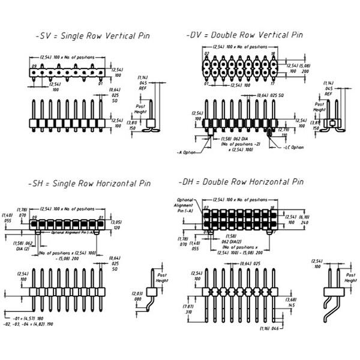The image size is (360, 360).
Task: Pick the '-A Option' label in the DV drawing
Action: coord(187,151)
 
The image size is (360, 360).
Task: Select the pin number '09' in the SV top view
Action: coord(34,67)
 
